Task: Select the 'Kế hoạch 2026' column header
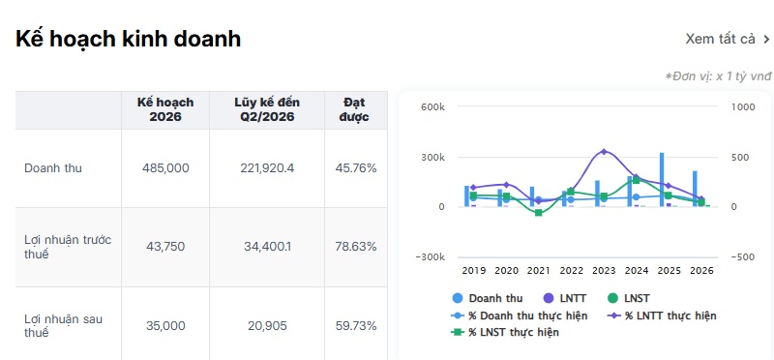pyautogui.click(x=165, y=109)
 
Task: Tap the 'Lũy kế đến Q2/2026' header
pyautogui.click(x=267, y=109)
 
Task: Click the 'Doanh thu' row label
pyautogui.click(x=53, y=168)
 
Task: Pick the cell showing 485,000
pyautogui.click(x=165, y=168)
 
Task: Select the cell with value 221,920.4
pyautogui.click(x=267, y=168)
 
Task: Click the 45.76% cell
pyautogui.click(x=356, y=168)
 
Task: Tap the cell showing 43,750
pyautogui.click(x=165, y=247)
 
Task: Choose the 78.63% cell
pyautogui.click(x=356, y=247)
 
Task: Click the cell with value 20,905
pyautogui.click(x=267, y=326)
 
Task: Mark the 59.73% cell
pyautogui.click(x=356, y=326)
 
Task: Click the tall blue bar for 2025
pyautogui.click(x=662, y=179)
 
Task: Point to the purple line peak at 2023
pyautogui.click(x=604, y=152)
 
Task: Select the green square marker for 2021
pyautogui.click(x=539, y=213)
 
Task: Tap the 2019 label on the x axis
pyautogui.click(x=474, y=271)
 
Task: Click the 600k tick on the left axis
pyautogui.click(x=433, y=107)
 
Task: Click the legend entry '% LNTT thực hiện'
pyautogui.click(x=662, y=315)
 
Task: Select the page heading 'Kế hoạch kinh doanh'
pyautogui.click(x=129, y=39)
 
